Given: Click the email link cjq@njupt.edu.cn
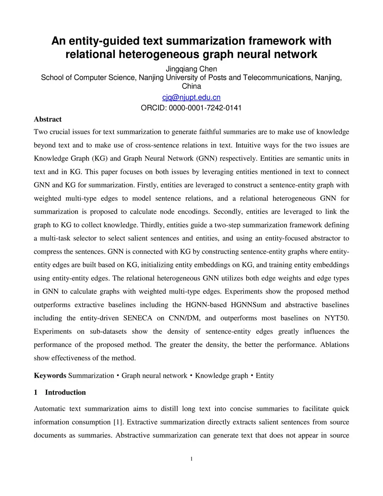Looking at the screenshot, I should [x=191, y=98].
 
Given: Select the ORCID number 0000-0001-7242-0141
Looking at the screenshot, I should [x=205, y=108].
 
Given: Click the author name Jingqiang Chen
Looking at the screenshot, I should [x=191, y=69].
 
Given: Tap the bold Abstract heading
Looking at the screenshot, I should [x=48, y=119].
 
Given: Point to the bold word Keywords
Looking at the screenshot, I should [x=50, y=375].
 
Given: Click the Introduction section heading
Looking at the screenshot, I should [x=65, y=392].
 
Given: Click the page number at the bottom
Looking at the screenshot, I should [x=191, y=459].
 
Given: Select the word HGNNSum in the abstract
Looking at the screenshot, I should [x=248, y=305].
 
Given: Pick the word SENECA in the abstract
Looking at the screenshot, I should [x=138, y=318].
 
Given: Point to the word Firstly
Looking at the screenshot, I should [x=147, y=185].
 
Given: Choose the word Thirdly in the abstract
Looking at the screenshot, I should [x=152, y=225].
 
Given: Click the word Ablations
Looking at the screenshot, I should [x=334, y=345].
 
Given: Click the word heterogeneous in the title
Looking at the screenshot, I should [x=159, y=55].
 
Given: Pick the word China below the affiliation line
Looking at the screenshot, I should [x=191, y=86].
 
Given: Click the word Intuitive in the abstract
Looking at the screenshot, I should [x=248, y=145].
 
